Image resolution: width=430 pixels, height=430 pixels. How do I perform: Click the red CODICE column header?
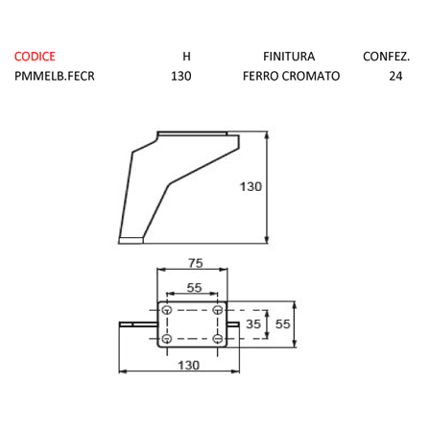[x=35, y=57]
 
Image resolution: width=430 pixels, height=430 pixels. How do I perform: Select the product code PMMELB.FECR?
[x=55, y=76]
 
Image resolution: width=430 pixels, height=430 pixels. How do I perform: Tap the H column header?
[x=186, y=57]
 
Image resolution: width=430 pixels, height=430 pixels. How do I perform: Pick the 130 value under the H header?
[x=181, y=76]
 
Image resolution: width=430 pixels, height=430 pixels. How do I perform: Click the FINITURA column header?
[x=289, y=57]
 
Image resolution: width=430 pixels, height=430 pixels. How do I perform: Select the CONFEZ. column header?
[x=386, y=57]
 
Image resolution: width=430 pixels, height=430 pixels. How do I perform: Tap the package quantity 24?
[x=395, y=76]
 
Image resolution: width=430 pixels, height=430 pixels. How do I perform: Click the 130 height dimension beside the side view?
[x=251, y=186]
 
